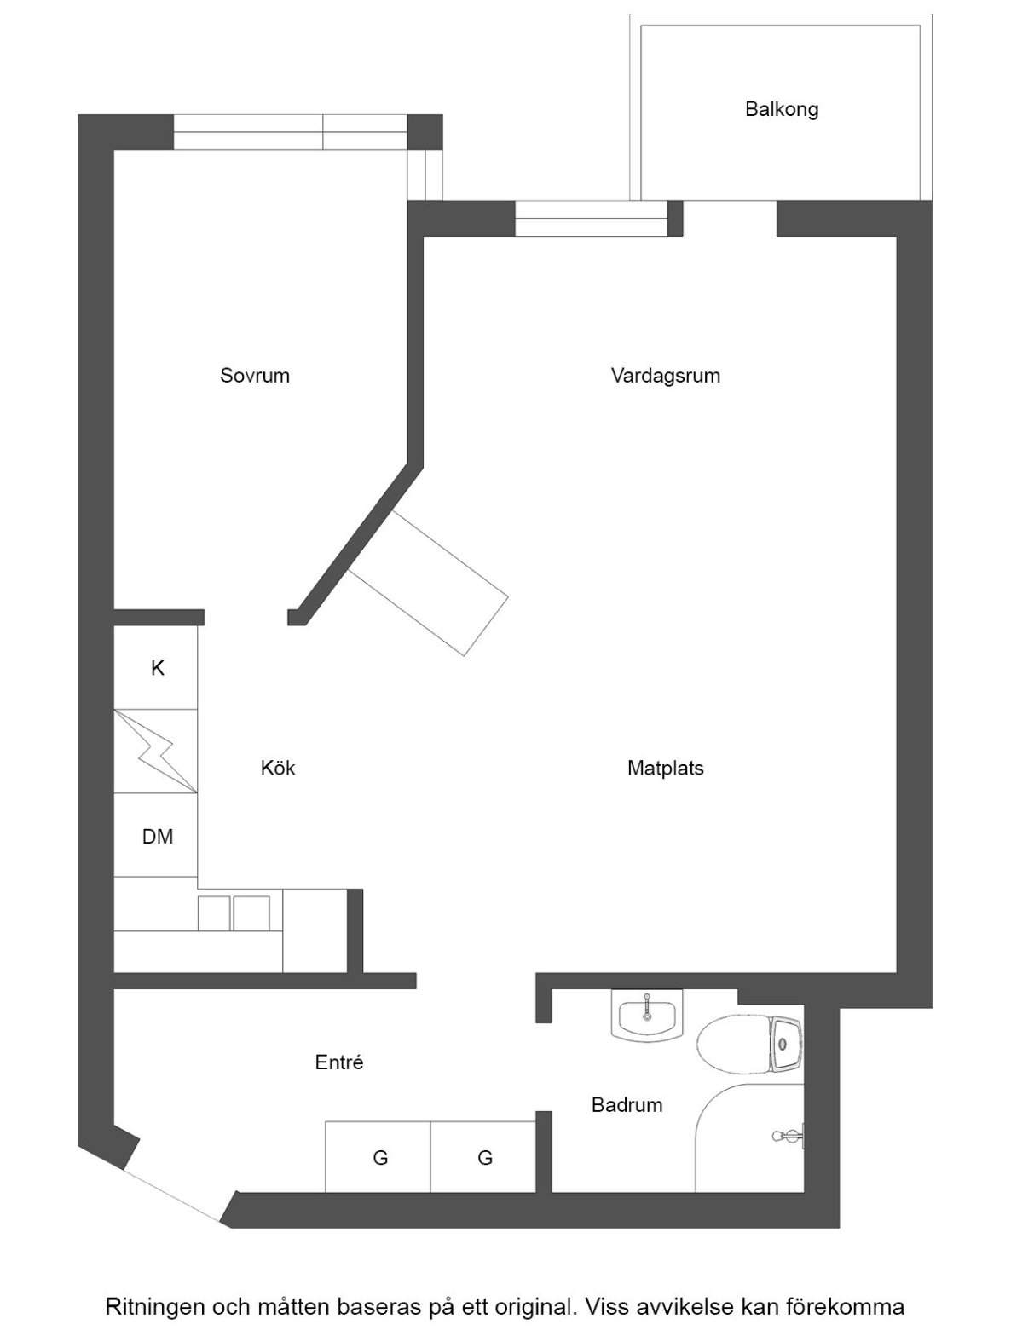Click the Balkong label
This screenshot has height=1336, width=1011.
(x=782, y=110)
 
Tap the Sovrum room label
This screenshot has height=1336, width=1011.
(x=254, y=376)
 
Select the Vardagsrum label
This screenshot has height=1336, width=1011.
(x=665, y=376)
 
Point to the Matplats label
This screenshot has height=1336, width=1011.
(x=665, y=769)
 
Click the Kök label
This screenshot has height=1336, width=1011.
(x=278, y=769)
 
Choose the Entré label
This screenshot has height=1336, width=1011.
(x=339, y=1062)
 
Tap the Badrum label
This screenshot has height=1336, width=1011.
(x=627, y=1105)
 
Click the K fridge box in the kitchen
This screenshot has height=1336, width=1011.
(x=156, y=667)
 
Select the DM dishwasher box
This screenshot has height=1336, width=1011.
(x=156, y=835)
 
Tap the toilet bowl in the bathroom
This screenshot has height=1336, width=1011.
(x=733, y=1043)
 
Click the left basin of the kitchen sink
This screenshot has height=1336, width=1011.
(x=214, y=913)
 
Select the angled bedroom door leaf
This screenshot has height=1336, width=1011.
(x=429, y=583)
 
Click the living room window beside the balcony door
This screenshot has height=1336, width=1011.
(x=591, y=218)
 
